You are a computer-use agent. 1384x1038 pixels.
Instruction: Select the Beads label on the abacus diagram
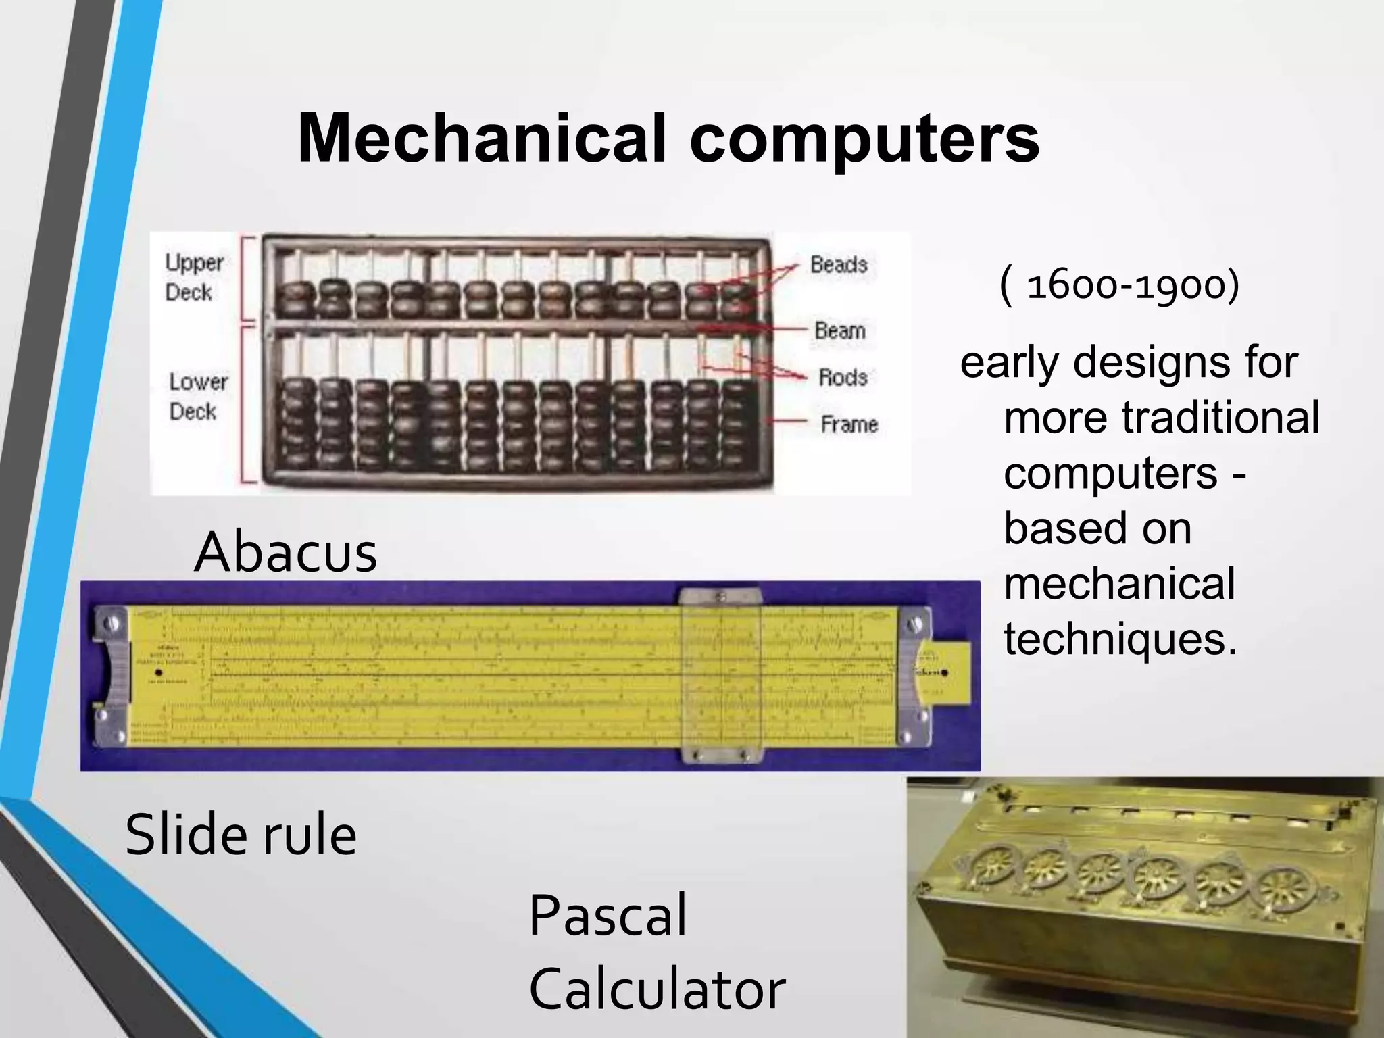(839, 264)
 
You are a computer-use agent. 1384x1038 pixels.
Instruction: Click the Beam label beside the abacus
(840, 330)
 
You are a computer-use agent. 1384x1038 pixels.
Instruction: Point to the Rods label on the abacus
(843, 377)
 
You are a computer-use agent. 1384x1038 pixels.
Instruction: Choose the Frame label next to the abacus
(849, 424)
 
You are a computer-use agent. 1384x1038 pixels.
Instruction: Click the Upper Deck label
(194, 277)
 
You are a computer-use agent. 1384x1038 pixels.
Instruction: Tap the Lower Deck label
(197, 397)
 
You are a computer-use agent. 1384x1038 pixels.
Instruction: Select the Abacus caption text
(285, 552)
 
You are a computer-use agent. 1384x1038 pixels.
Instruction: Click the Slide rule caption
(241, 835)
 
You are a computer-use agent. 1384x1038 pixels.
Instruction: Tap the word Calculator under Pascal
(656, 989)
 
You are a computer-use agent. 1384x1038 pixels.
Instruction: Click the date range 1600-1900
(1120, 285)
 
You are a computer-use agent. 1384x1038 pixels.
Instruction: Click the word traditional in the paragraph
(1220, 417)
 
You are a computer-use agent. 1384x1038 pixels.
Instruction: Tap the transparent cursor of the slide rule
(720, 676)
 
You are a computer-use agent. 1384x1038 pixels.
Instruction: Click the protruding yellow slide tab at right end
(954, 672)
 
